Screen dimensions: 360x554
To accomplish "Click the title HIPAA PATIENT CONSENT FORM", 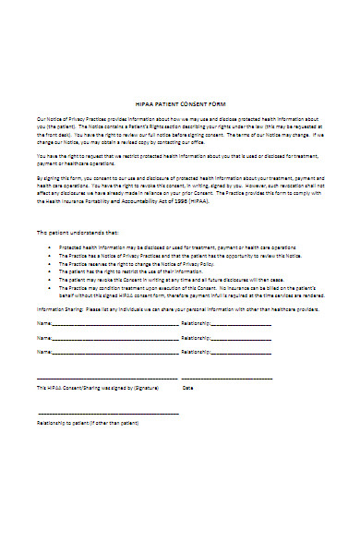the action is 180,103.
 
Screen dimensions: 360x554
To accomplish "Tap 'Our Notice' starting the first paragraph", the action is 48,121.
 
